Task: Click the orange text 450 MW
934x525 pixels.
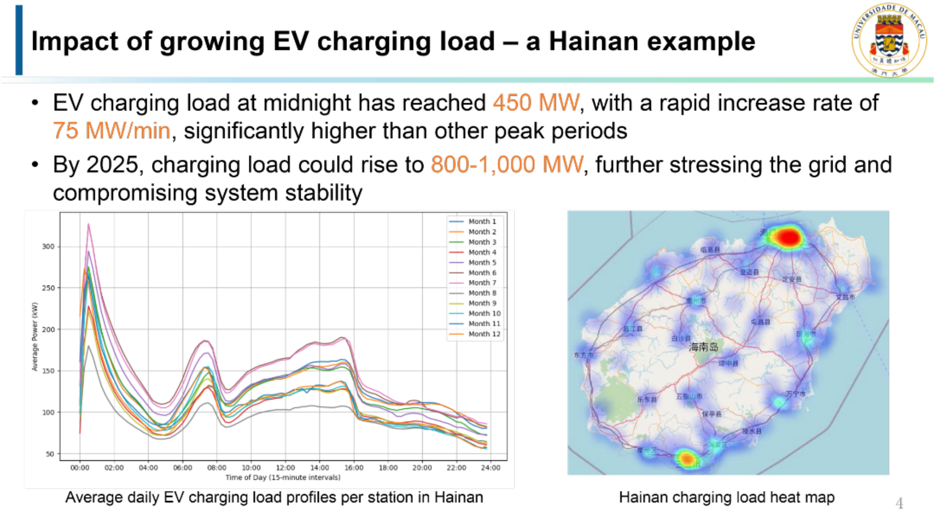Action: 536,103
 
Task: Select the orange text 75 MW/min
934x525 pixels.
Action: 111,130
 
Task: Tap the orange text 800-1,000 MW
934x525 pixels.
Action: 507,165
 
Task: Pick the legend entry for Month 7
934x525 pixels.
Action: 482,283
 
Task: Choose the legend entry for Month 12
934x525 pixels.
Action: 484,334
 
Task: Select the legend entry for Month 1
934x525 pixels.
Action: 482,221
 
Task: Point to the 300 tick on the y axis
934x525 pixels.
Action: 48,247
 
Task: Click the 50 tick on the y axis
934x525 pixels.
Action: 50,454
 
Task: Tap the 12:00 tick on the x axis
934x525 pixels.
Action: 285,468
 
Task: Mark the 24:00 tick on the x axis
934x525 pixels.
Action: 491,468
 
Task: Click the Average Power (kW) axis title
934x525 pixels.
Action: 35,337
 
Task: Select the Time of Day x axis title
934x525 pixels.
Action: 283,477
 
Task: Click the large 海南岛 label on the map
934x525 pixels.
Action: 703,347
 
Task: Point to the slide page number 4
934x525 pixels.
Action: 899,503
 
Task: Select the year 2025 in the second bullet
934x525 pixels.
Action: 112,165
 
